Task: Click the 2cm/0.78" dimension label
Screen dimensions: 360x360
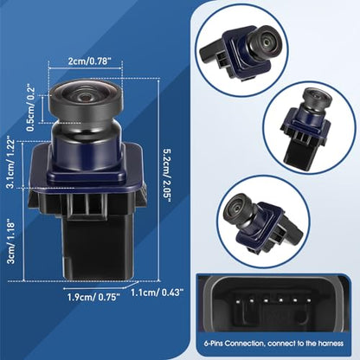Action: [86, 61]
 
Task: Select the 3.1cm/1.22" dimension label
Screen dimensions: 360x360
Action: [13, 164]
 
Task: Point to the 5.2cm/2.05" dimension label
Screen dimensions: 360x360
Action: [167, 177]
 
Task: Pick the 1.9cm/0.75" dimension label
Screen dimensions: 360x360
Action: [93, 297]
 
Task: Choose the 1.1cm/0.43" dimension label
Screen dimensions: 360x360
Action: [157, 292]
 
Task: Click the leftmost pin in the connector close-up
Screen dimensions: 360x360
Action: [236, 301]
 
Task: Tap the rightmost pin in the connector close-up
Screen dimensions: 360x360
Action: [309, 301]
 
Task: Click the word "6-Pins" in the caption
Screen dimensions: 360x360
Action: [214, 344]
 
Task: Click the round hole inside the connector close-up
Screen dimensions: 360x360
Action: [300, 318]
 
